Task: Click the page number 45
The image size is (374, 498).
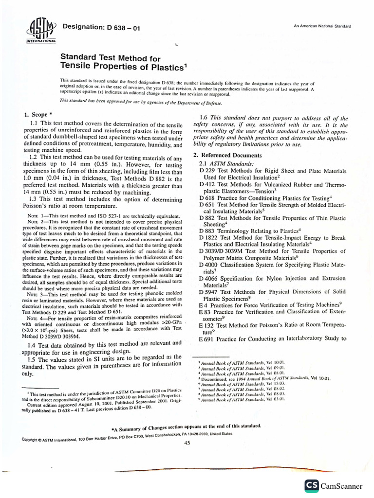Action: point(187,449)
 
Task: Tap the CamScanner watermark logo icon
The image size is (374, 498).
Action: point(312,486)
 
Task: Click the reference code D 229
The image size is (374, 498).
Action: point(208,171)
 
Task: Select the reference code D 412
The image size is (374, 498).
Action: point(208,185)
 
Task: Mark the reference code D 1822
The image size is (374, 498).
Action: point(210,238)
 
